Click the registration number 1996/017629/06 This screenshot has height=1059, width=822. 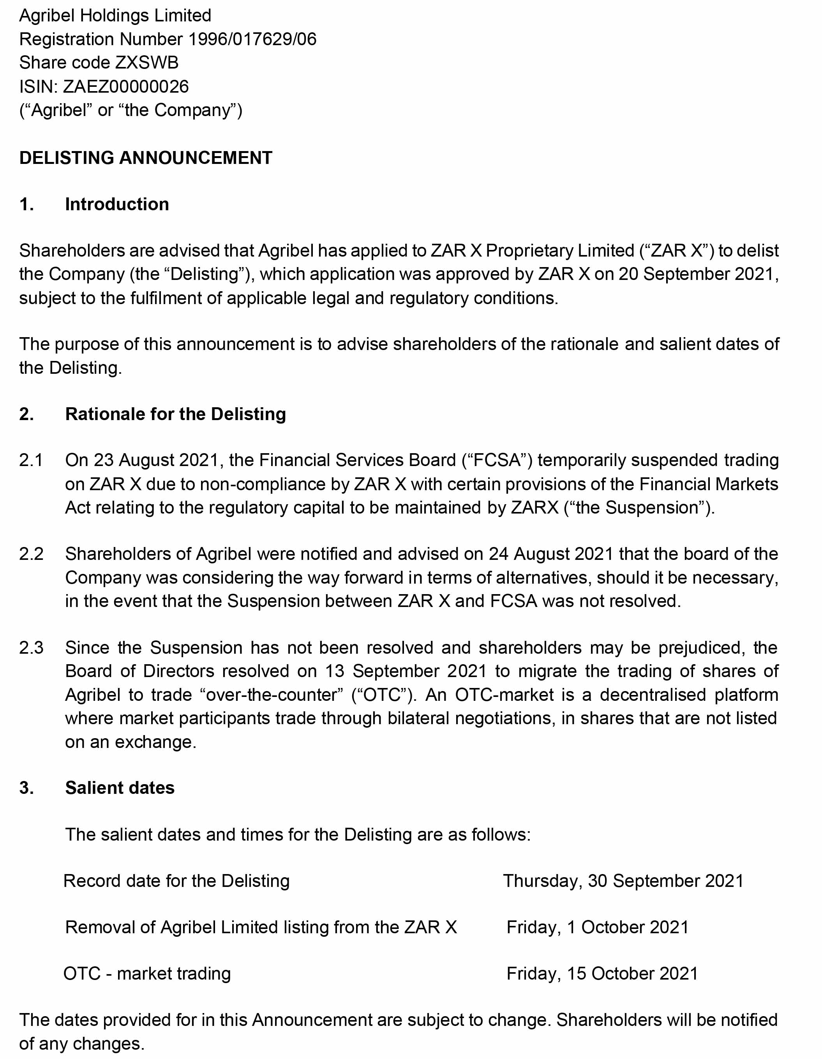[252, 39]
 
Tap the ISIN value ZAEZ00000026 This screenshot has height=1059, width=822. [126, 87]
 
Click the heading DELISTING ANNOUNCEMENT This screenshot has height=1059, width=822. [146, 158]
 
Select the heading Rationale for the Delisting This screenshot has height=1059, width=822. [175, 414]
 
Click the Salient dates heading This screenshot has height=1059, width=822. [120, 788]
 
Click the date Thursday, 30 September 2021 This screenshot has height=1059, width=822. [623, 881]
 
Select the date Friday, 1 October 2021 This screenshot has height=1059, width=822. [597, 927]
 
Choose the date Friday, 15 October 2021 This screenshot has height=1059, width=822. [602, 974]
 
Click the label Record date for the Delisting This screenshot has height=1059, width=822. [176, 881]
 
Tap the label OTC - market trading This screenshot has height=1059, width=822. [147, 974]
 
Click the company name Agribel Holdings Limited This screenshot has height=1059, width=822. [115, 16]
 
